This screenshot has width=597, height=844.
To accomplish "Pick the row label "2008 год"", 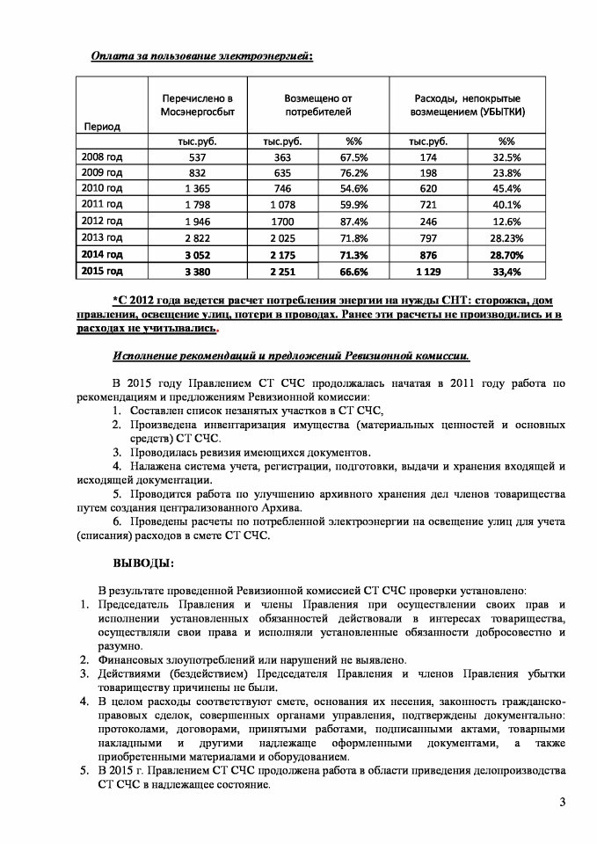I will (x=102, y=156).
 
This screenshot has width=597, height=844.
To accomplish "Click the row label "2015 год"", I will (x=102, y=270).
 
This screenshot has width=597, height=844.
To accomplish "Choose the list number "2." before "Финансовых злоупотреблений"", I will (x=87, y=659).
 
